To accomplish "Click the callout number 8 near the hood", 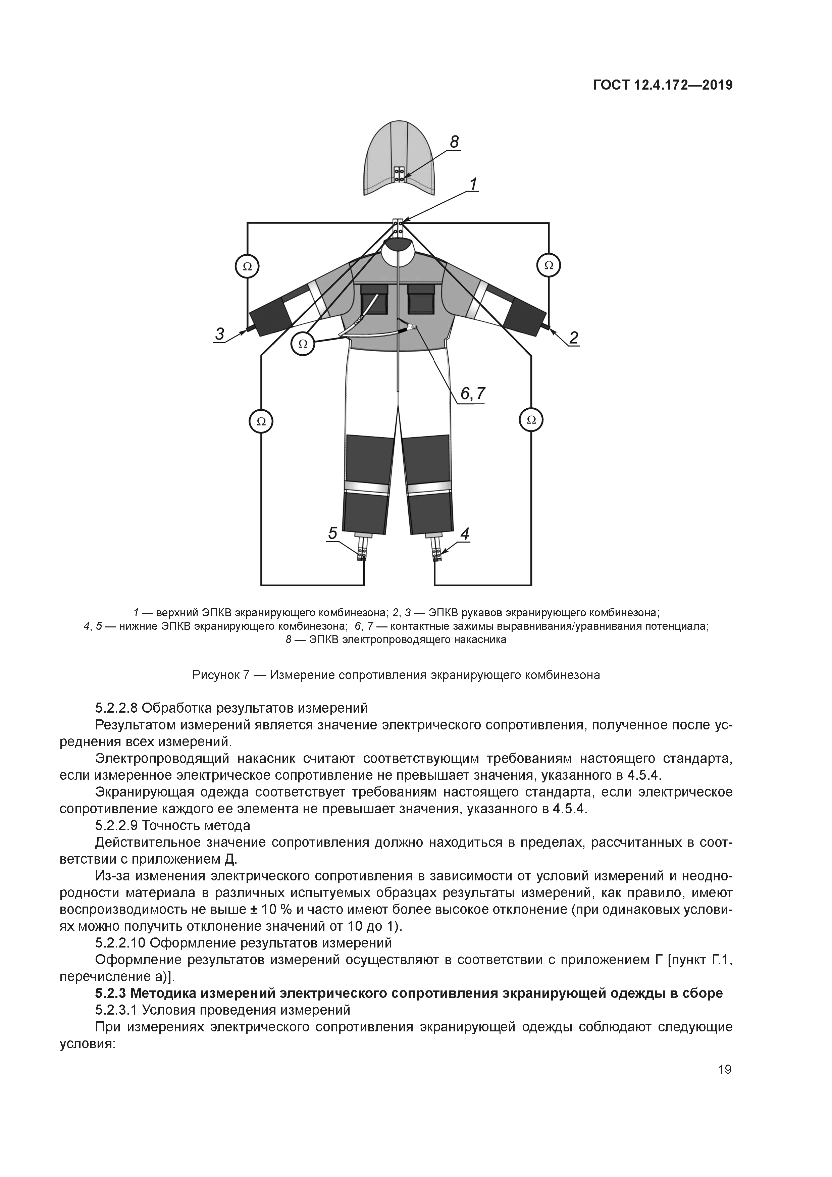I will click(x=454, y=142).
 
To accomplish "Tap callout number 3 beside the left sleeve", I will click(x=219, y=334).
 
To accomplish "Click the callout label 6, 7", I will click(x=472, y=393).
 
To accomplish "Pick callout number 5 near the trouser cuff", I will click(x=333, y=534).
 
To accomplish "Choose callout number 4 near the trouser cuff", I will click(x=464, y=534).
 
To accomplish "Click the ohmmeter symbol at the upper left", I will click(x=247, y=266).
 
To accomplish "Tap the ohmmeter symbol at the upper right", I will click(x=549, y=265).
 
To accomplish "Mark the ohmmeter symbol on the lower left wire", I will click(x=261, y=421).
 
